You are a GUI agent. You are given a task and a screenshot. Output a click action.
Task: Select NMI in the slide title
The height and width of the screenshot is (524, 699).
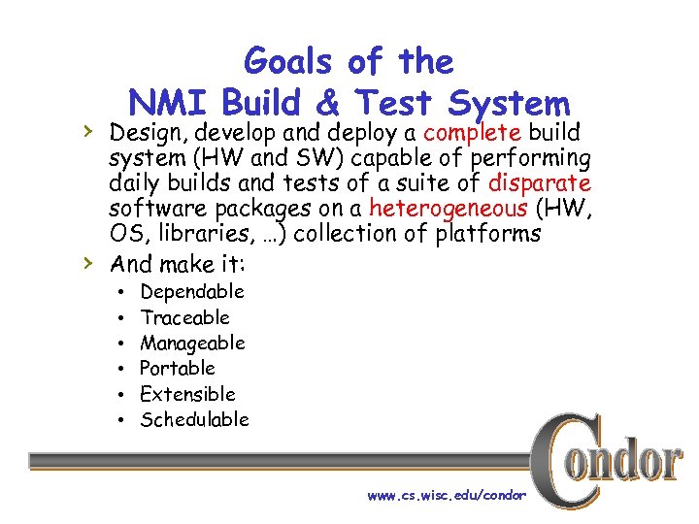[x=169, y=103]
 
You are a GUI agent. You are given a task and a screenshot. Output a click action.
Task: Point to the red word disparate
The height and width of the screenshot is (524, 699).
[x=540, y=182]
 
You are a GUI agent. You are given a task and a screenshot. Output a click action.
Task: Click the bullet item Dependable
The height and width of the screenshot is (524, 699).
[x=191, y=292]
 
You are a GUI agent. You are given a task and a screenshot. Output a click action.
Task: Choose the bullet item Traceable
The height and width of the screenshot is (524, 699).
[x=184, y=317]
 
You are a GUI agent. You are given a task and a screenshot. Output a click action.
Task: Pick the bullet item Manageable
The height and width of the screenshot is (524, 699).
[x=192, y=343]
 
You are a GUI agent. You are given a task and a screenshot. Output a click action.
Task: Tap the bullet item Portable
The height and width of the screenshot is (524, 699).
[x=177, y=368]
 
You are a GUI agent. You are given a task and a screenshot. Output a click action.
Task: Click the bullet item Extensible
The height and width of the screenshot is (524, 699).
[x=187, y=394]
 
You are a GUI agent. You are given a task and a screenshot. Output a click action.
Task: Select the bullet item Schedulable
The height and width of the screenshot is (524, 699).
[x=194, y=419]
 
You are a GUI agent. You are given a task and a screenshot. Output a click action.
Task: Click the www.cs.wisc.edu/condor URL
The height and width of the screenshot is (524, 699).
[x=446, y=495]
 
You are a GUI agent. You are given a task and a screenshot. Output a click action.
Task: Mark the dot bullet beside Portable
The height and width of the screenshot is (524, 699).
[x=118, y=369]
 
